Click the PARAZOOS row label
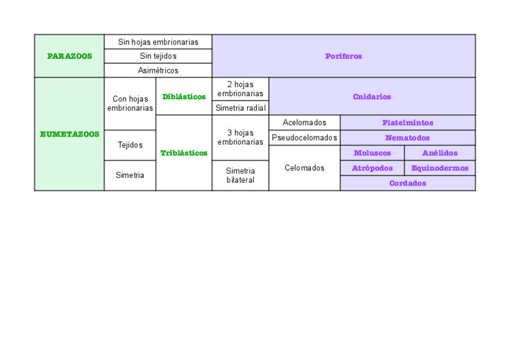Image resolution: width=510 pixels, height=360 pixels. [x=69, y=56]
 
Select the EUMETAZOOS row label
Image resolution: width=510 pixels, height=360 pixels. [x=69, y=134]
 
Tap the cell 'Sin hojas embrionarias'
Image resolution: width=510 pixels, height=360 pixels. [x=158, y=42]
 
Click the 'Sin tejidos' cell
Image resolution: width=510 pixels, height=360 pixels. [x=158, y=56]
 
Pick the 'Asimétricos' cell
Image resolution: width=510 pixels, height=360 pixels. [x=158, y=70]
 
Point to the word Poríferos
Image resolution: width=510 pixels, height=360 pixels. [x=343, y=56]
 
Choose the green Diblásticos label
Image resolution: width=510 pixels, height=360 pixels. [x=184, y=96]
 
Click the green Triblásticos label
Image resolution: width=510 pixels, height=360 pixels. [x=184, y=153]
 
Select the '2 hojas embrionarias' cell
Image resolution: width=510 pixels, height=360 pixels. [x=241, y=89]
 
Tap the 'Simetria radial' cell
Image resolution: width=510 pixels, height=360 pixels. [x=241, y=108]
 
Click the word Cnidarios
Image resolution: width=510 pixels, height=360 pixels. [x=372, y=96]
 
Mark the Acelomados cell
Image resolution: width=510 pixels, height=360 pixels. [x=304, y=123]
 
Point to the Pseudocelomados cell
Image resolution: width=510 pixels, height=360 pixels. [x=304, y=138]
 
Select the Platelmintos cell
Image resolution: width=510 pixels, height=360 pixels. [x=407, y=123]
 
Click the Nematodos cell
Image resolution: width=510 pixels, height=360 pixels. [x=407, y=138]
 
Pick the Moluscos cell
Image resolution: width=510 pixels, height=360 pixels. [x=372, y=153]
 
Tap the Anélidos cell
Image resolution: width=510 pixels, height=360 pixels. [x=440, y=153]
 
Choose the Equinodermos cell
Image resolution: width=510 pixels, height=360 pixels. [x=440, y=168]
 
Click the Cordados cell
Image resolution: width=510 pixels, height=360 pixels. [x=407, y=183]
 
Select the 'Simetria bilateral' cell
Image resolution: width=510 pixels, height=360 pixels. [x=241, y=175]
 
